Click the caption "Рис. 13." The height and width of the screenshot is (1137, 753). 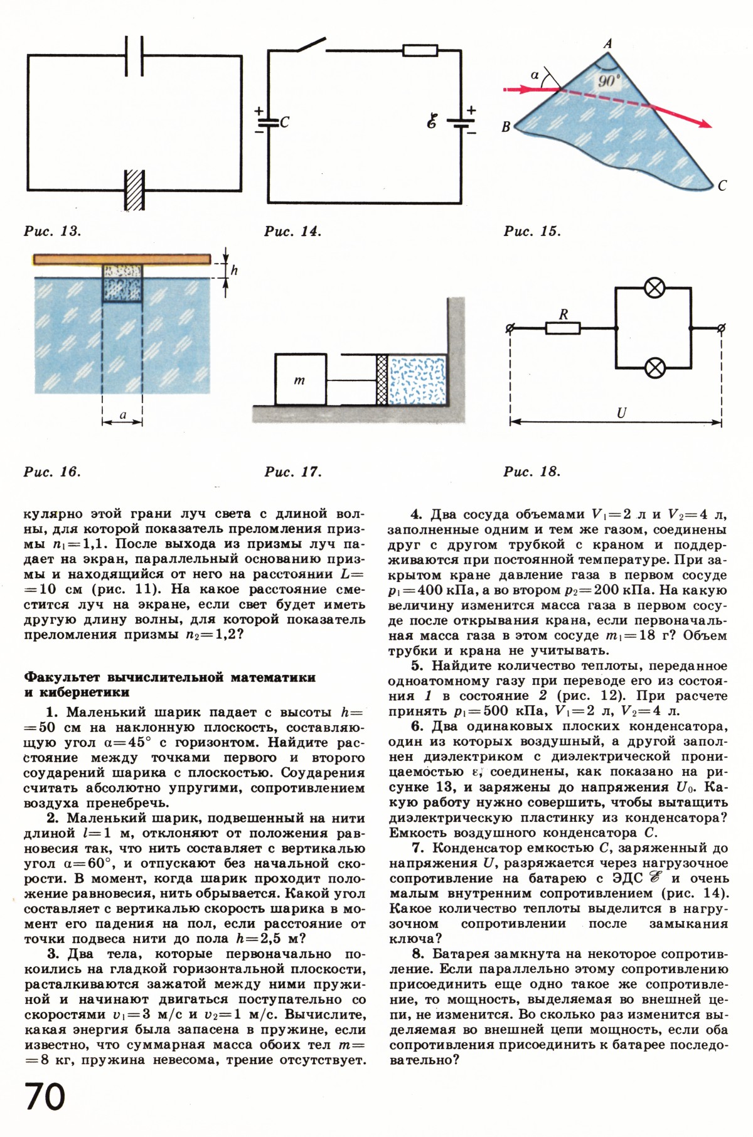pos(53,231)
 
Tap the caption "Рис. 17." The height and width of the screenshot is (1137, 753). pos(293,472)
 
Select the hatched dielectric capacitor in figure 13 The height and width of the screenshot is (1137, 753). pos(134,189)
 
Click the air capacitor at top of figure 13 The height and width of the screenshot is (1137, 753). pos(134,56)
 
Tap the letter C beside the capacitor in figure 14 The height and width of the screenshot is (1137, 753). pos(284,123)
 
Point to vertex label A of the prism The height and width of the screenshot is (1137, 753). pos(607,43)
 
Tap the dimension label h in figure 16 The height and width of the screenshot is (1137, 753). pos(234,271)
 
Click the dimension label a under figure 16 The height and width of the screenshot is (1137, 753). pos(123,414)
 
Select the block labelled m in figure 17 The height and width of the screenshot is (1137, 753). pos(301,380)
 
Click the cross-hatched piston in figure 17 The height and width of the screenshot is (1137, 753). pos(381,380)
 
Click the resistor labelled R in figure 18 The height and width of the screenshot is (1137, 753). pos(563,328)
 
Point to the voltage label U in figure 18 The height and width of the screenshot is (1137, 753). pos(622,413)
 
